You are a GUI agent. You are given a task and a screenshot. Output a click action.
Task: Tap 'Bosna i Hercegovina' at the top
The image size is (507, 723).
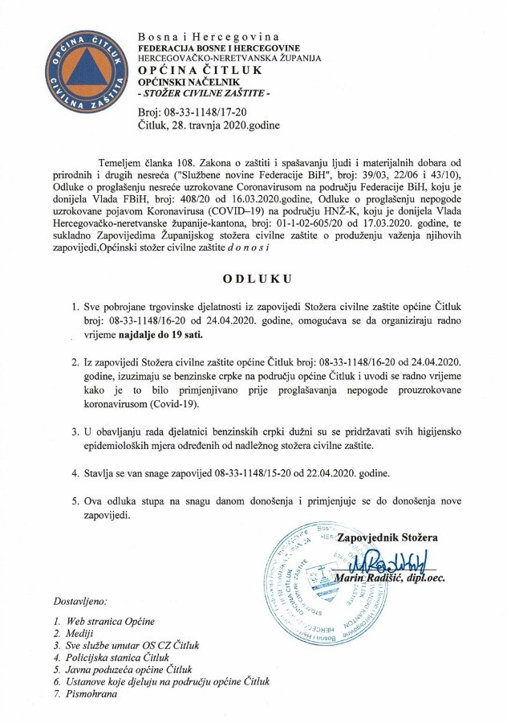[x=209, y=37]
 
